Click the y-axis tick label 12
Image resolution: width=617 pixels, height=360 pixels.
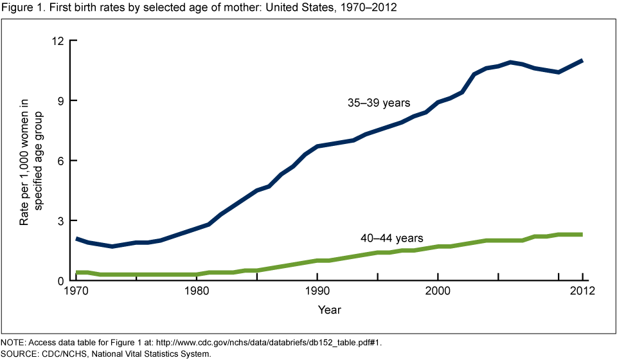pyautogui.click(x=58, y=40)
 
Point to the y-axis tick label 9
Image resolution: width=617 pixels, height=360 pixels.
pyautogui.click(x=62, y=101)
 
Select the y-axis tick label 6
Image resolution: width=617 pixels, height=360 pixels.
pyautogui.click(x=62, y=161)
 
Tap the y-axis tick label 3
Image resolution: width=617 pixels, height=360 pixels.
pyautogui.click(x=62, y=221)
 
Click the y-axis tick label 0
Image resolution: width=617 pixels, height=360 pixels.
pyautogui.click(x=62, y=281)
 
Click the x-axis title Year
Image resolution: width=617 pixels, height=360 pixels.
pyautogui.click(x=329, y=310)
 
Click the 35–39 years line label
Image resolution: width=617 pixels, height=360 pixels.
pyautogui.click(x=379, y=102)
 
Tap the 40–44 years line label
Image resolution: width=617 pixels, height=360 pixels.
pyautogui.click(x=391, y=239)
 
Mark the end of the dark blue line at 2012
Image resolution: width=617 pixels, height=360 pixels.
pyautogui.click(x=582, y=60)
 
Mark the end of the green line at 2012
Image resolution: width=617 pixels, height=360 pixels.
pyautogui.click(x=582, y=235)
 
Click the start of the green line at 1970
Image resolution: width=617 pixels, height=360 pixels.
pyautogui.click(x=77, y=273)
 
